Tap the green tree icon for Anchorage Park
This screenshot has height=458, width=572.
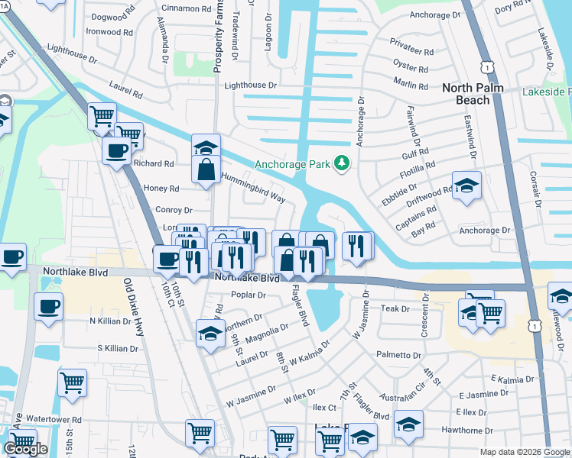coord(343,163)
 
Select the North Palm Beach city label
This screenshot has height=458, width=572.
coord(476,94)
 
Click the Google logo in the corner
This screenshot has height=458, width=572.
coord(25,449)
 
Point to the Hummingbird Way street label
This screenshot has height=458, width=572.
coord(253,188)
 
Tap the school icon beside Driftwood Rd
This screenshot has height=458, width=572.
coord(466,185)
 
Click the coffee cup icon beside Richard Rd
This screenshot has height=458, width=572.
coord(116,150)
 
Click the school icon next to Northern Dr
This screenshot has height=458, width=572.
coord(210,334)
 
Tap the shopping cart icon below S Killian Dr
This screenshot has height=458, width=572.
coord(72,382)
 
